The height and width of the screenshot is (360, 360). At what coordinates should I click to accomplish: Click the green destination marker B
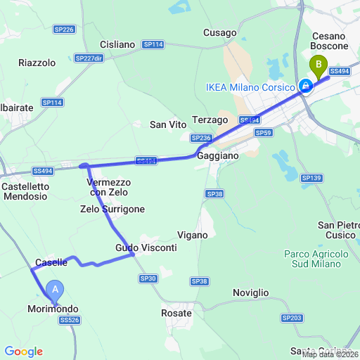click(x=319, y=67)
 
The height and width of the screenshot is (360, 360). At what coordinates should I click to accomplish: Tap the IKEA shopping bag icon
click(x=306, y=86)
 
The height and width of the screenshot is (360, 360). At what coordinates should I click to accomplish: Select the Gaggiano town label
click(x=218, y=155)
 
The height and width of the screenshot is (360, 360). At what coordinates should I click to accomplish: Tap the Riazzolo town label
click(x=37, y=63)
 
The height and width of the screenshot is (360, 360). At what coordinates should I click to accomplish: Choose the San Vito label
click(x=169, y=124)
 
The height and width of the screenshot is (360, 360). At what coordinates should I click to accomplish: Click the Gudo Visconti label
click(x=146, y=248)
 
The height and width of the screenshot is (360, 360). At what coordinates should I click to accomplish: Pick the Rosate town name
click(x=176, y=313)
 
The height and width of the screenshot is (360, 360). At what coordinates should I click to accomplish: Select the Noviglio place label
click(x=251, y=292)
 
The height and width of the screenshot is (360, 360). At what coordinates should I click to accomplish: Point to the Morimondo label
click(x=53, y=309)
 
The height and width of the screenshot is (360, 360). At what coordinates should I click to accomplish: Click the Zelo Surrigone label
click(x=112, y=209)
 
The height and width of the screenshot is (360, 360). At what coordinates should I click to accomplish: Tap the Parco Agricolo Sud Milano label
click(x=316, y=259)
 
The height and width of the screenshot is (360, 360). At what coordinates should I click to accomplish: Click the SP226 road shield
click(x=64, y=30)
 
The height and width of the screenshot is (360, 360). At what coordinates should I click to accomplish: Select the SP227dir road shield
click(x=89, y=58)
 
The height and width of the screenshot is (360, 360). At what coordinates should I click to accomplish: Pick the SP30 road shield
click(x=148, y=279)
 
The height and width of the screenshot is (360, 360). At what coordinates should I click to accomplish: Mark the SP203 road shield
click(x=291, y=318)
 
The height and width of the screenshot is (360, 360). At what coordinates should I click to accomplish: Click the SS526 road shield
click(x=69, y=320)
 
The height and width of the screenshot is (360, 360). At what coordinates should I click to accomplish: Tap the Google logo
click(x=23, y=352)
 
